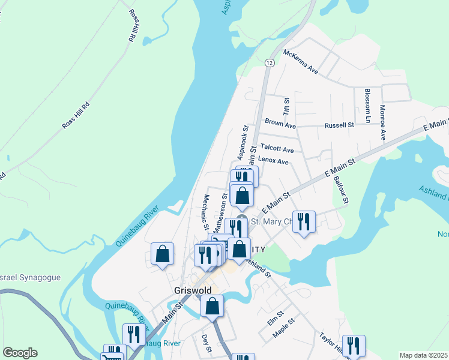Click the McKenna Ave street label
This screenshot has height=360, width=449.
pyautogui.click(x=301, y=62)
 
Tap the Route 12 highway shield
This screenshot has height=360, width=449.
pyautogui.click(x=270, y=62)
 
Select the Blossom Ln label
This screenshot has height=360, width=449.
pyautogui.click(x=367, y=106)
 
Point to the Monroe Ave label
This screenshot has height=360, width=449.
pyautogui.click(x=382, y=122)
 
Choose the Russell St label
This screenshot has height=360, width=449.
pyautogui.click(x=339, y=125)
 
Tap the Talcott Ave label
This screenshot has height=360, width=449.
pyautogui.click(x=277, y=149)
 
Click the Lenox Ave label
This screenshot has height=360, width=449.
pyautogui.click(x=273, y=161)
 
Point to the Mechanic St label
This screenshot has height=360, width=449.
pyautogui.click(x=206, y=212)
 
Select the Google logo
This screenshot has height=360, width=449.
pyautogui.click(x=20, y=353)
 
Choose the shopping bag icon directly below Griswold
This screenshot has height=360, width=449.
pyautogui.click(x=212, y=305)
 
